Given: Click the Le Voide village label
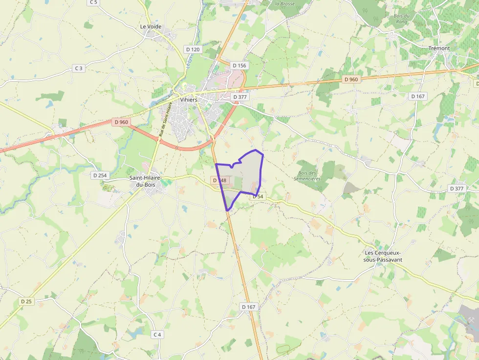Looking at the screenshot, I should (x=151, y=27).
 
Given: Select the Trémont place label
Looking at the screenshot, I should (x=438, y=48).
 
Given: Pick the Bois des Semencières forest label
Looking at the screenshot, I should (x=307, y=176).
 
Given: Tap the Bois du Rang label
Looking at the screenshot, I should (x=401, y=19).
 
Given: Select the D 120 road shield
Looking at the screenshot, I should (x=193, y=49).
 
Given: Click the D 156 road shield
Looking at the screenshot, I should (x=239, y=65).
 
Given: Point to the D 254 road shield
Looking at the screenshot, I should (x=99, y=175).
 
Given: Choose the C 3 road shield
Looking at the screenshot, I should (x=78, y=68).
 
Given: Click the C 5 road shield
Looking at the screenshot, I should (x=93, y=2).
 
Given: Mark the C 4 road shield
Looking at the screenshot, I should (x=156, y=335).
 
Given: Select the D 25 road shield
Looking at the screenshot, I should (x=26, y=301).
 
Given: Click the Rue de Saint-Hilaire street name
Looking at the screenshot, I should (x=165, y=120).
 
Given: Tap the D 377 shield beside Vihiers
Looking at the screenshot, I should (x=240, y=97).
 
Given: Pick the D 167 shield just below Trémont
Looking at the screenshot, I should (x=418, y=96).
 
